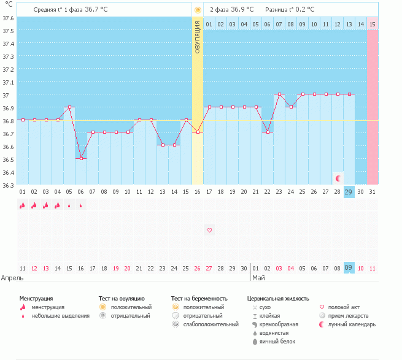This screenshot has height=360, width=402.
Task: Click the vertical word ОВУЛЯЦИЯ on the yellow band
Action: coord(198,37)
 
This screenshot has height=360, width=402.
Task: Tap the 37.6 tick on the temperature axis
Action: coord(9,18)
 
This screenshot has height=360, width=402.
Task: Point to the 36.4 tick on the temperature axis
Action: coord(9,172)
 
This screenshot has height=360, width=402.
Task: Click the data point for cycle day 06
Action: coord(81,159)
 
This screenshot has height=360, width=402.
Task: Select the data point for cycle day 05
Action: coord(69,107)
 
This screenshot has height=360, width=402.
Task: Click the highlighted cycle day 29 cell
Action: coord(349,192)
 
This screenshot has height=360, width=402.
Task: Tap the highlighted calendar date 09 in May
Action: coord(349,268)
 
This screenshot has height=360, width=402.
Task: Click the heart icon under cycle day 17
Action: coord(209,230)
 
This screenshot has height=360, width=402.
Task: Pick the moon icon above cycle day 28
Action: coord(338,178)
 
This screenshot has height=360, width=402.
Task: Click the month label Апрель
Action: coord(12,278)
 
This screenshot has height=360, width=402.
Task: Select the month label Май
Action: coord(258,278)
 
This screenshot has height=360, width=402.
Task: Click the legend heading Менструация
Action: coord(36,298)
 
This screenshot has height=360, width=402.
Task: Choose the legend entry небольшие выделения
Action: coord(60,316)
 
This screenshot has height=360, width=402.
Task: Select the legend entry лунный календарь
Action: coord(352,324)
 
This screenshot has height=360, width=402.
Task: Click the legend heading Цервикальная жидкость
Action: coord(277,298)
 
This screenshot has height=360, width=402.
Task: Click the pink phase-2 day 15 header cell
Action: coord(372,24)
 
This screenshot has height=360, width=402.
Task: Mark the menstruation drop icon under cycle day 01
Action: coord(22,206)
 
